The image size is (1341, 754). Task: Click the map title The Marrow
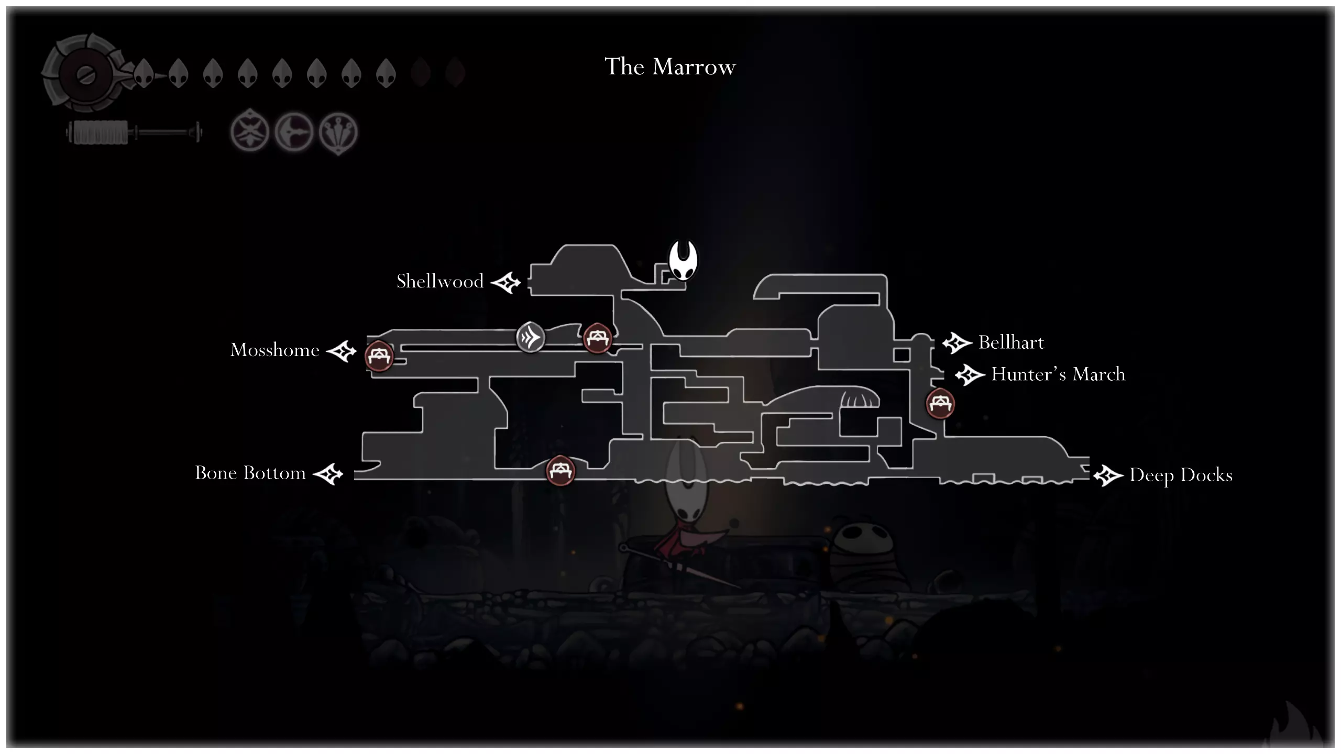tap(670, 67)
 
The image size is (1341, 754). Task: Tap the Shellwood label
tap(440, 281)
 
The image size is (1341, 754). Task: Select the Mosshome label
tap(275, 350)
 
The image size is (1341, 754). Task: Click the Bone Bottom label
tap(250, 473)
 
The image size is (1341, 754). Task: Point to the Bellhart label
tap(1011, 342)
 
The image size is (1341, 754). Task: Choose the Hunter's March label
tap(1058, 374)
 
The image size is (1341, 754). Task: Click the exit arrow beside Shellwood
tap(506, 283)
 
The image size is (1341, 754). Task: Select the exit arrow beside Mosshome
tap(342, 351)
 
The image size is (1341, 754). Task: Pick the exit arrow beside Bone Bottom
tap(328, 474)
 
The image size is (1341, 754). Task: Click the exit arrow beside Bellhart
tap(958, 343)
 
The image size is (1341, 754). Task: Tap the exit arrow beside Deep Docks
tap(1108, 476)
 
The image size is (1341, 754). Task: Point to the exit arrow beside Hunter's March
tap(970, 375)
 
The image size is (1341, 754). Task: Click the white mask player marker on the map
tap(683, 260)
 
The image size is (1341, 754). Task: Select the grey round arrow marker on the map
tap(530, 337)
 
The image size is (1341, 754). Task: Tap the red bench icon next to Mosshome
tap(379, 356)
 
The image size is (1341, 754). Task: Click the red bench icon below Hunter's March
tap(940, 403)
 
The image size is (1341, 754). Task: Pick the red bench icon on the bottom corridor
tap(560, 470)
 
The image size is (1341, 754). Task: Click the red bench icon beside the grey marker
tap(597, 338)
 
